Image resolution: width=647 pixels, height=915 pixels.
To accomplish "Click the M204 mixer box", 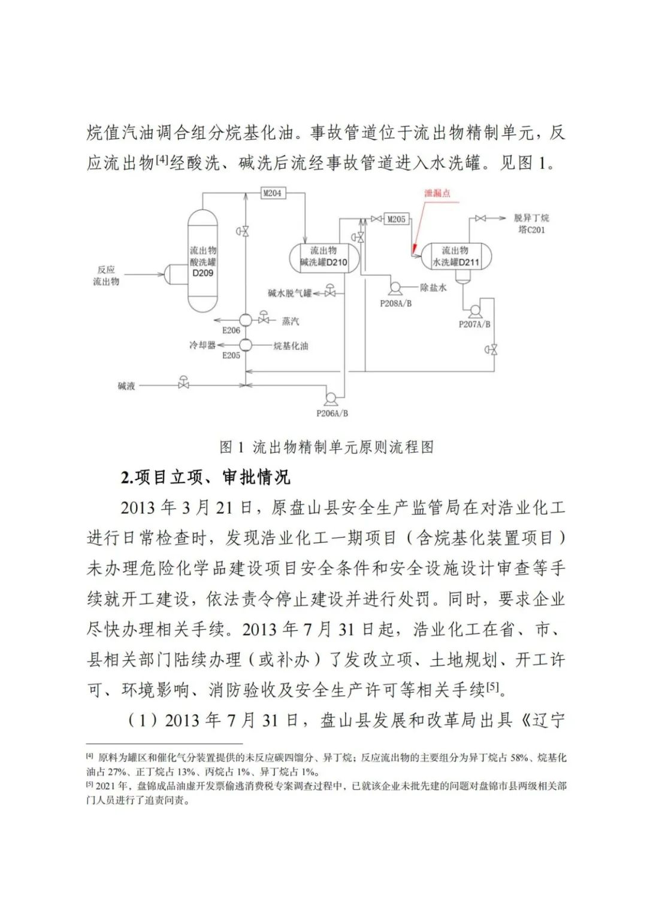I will pos(272,193).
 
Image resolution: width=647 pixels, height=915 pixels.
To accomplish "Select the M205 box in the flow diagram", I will pos(396,219).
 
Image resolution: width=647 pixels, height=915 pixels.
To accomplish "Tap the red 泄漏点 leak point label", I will pos(437,193).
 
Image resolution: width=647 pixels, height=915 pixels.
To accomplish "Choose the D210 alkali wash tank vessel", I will pos(323,256).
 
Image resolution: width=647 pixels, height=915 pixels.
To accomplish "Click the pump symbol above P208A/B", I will pos(395,289).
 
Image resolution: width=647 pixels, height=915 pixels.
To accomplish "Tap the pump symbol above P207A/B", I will pos(474,310).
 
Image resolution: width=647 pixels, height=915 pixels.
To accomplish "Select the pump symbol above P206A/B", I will pos(330,397).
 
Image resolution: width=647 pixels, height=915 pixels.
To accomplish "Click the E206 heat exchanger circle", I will pos(246,320).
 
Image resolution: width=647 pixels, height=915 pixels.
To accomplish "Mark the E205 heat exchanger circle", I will pos(246,345).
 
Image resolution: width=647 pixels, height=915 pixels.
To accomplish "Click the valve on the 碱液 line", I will pos(183,384).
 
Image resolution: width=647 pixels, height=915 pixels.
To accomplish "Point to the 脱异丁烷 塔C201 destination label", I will pos(531,224).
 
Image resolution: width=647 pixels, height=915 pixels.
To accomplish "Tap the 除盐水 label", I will pos(433,288).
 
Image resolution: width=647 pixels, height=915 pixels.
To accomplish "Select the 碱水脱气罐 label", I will pos(290,293).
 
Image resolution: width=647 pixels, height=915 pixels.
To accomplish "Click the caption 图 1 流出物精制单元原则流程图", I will pos(326,446).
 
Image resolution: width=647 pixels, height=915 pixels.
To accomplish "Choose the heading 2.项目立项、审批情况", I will pos(205,478).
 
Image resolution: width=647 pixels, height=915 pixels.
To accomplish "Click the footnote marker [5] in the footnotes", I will pos(90,784).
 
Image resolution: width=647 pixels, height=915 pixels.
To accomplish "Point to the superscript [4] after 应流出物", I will pos(162,159).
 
